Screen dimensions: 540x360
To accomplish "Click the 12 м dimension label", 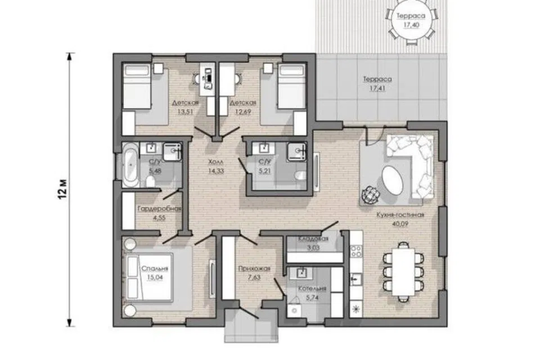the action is coord(62,189).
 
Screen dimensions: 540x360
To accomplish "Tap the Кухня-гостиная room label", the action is coord(400,215).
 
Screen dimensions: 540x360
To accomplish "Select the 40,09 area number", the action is coord(400,223).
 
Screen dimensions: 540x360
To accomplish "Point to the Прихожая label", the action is coord(254,269).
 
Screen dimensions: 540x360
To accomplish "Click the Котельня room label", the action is coord(312,289).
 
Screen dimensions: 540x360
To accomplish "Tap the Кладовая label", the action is coord(313,238).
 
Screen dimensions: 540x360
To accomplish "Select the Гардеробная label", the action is coord(159,209).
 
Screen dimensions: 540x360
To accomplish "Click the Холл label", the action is coord(216,161).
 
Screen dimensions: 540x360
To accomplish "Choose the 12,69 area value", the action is coord(243,111).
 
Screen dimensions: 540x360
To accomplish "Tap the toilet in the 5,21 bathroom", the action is coord(301,175).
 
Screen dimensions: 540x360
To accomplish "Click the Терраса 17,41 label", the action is coord(377,84).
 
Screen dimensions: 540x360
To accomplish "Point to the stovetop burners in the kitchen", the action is coord(355,251).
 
